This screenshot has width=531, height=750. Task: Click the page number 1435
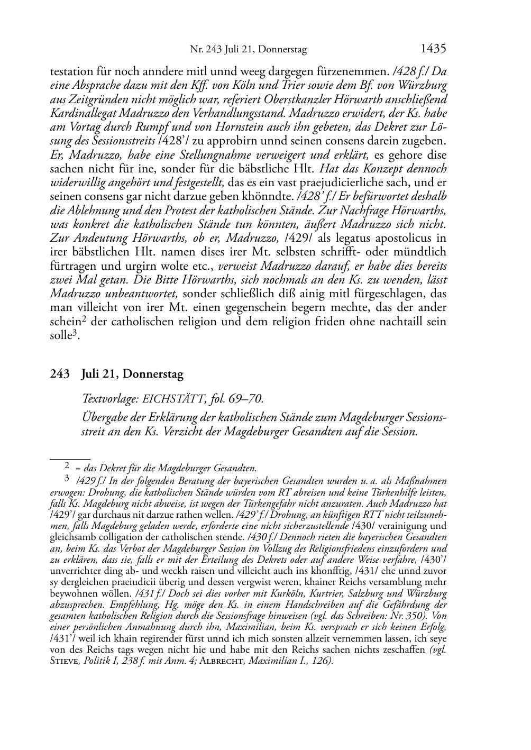click(x=433, y=49)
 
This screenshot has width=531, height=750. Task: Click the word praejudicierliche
click(x=342, y=182)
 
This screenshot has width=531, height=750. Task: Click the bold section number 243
click(x=60, y=374)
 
